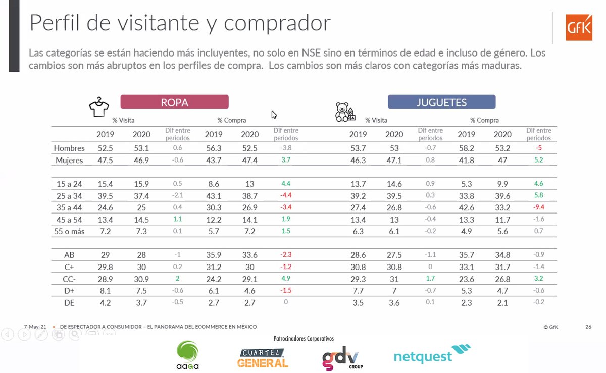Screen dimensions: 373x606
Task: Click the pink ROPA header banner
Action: tap(174, 102)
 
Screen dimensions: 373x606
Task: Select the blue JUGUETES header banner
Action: tap(441, 102)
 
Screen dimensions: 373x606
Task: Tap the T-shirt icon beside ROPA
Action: tap(99, 107)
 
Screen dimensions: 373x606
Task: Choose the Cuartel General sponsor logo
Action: tap(263, 356)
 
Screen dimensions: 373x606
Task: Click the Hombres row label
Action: tap(70, 148)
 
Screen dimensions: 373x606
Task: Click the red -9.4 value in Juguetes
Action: tap(538, 207)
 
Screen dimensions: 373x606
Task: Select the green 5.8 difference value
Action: tap(538, 195)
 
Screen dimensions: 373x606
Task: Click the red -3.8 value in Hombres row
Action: tap(285, 148)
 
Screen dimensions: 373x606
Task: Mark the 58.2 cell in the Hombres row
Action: tap(466, 148)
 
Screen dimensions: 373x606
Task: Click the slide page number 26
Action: tap(588, 327)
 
